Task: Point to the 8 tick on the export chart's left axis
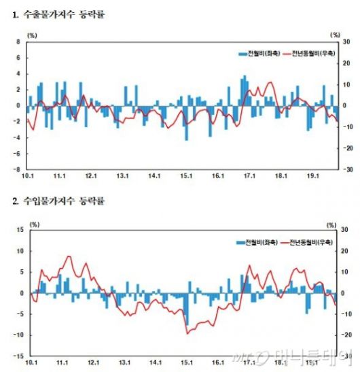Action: [x=18, y=41]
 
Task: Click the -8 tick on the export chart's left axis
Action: [x=17, y=169]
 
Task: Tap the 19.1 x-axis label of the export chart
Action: [x=310, y=177]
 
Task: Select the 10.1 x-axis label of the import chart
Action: [x=29, y=363]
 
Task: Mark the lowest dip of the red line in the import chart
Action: [x=187, y=333]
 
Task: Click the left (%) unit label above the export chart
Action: [x=33, y=33]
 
